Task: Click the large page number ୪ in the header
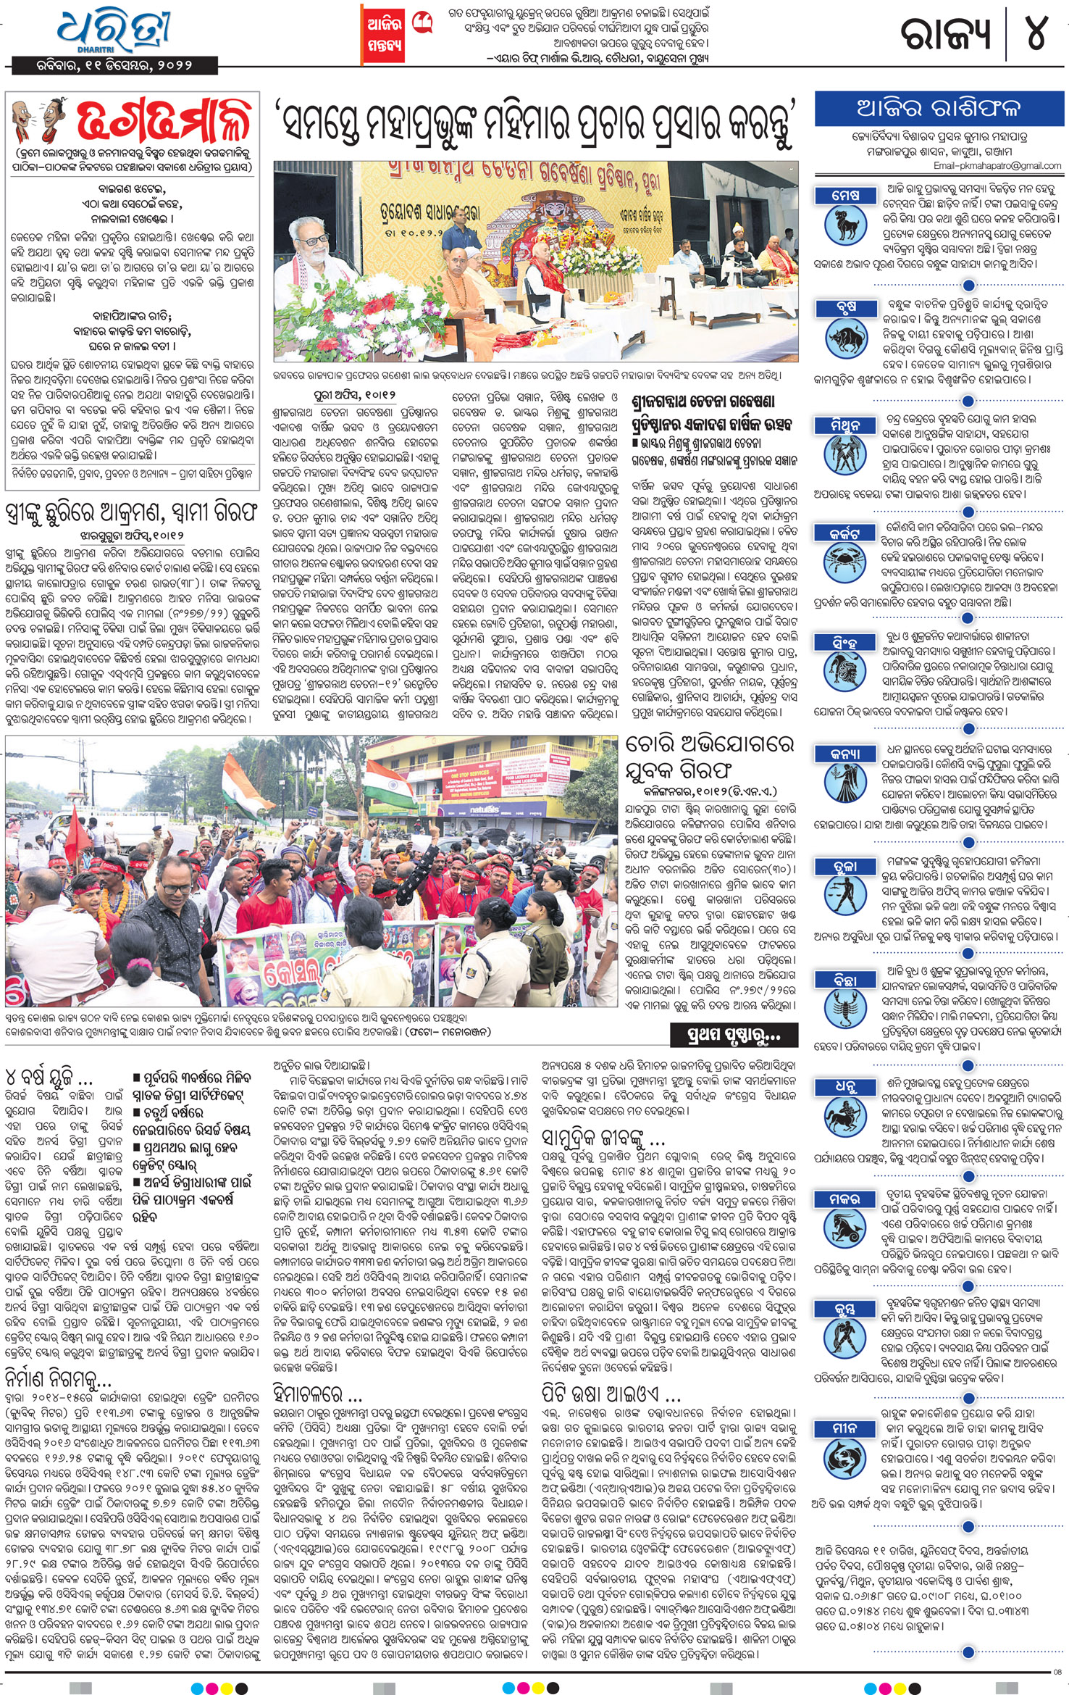click(1036, 33)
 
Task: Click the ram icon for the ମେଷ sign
click(845, 225)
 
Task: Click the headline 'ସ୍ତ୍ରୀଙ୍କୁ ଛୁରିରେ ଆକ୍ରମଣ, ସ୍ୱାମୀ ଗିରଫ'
click(131, 512)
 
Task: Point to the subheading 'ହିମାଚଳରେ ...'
click(317, 1393)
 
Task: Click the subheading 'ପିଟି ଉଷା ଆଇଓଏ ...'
click(611, 1393)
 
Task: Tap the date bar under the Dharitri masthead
click(115, 65)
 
